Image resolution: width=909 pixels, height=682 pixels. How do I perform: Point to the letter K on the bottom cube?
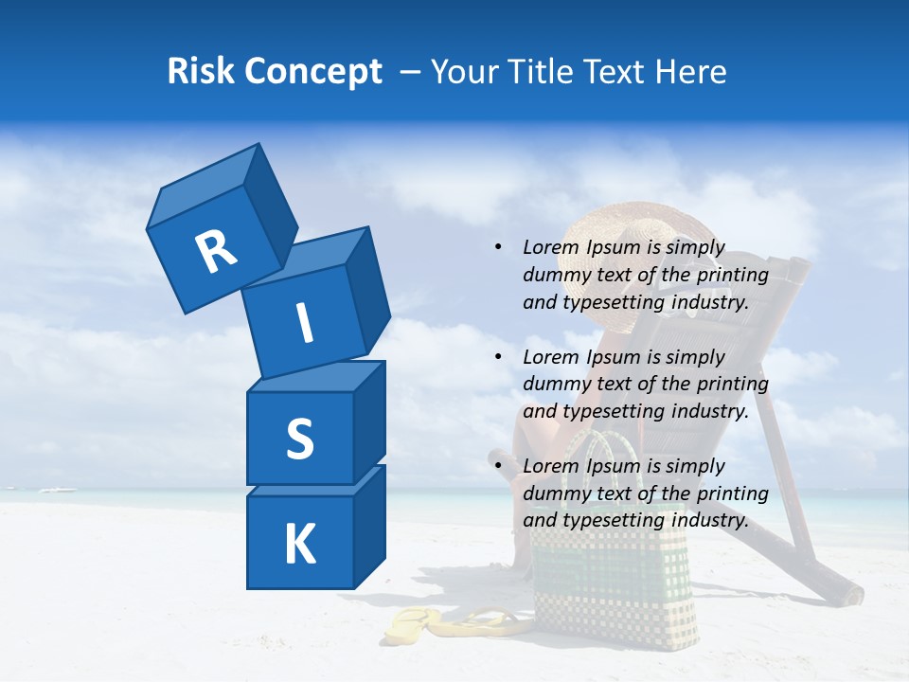pos(299,545)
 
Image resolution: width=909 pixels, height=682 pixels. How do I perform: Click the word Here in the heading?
pos(688,72)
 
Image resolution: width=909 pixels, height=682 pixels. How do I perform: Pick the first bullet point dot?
pos(498,248)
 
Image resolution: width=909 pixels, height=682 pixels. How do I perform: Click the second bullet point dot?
pos(498,357)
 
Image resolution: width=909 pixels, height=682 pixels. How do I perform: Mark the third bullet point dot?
pos(498,466)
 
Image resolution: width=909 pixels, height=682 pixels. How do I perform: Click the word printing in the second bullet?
pos(732,385)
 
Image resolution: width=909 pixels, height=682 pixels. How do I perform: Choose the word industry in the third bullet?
pos(711,520)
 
